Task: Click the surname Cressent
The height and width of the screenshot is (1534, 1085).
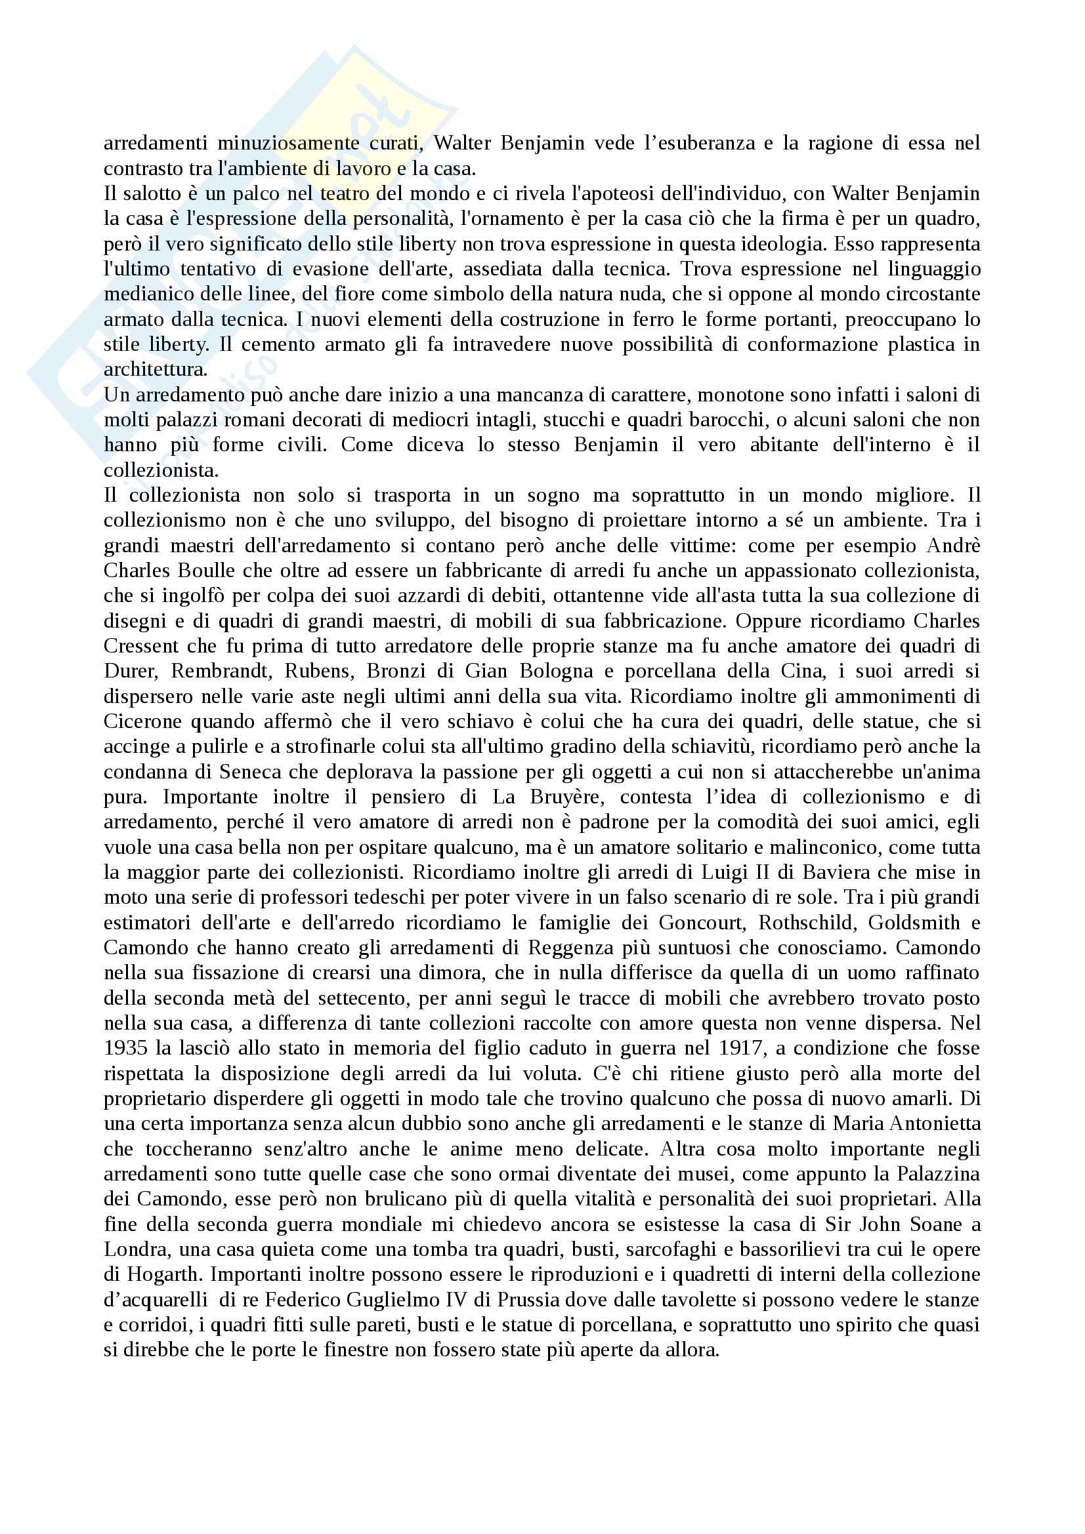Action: (x=141, y=646)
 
